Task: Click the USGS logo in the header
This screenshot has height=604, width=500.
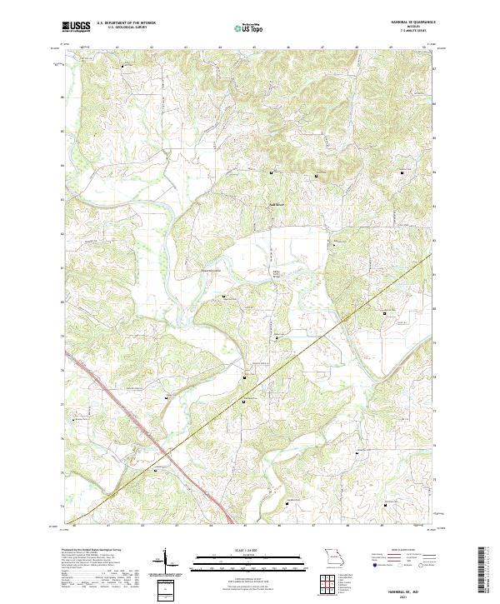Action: click(x=76, y=27)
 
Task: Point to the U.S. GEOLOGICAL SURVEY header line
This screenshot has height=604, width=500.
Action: click(x=120, y=27)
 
